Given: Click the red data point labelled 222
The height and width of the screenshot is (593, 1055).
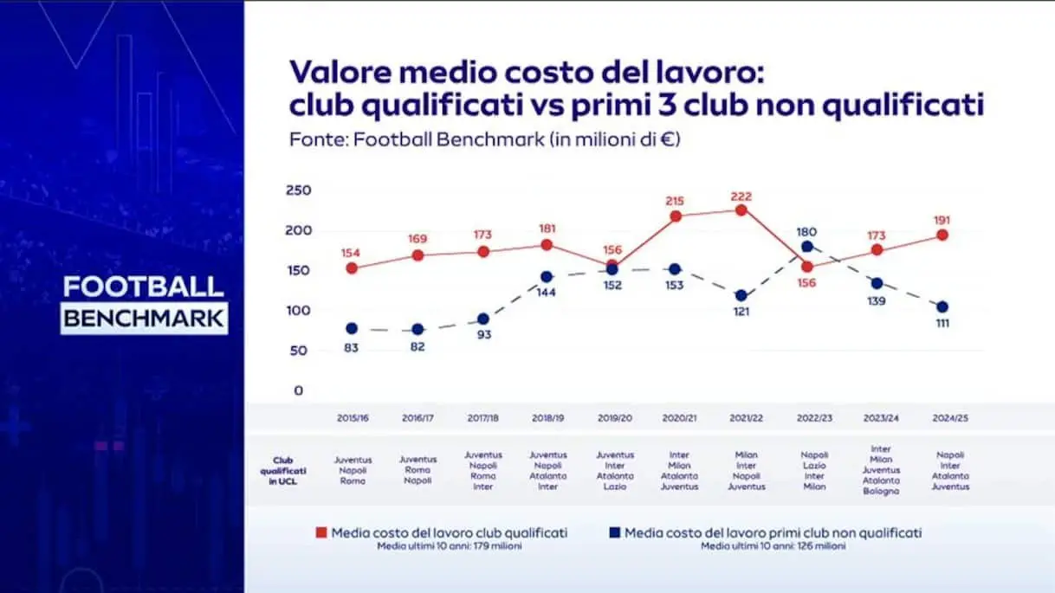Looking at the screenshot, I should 741,209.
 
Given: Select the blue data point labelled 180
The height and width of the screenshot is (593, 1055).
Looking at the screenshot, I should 807,247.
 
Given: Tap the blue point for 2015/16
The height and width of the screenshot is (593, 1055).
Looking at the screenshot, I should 352,329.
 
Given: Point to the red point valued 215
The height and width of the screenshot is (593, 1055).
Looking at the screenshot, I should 676,216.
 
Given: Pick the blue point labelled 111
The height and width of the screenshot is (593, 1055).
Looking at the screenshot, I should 942,306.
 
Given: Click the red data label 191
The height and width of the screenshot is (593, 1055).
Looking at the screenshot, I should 942,220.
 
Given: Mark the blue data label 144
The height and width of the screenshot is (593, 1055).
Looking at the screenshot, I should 547,292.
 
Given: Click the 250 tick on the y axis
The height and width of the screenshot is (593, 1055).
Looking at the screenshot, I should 298,190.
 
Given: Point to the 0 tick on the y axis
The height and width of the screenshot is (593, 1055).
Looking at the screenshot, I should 298,390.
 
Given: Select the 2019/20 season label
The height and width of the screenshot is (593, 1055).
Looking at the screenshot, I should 614,418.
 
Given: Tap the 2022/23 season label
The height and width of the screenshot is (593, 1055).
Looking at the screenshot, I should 814,418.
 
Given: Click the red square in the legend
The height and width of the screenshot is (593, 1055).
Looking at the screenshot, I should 320,533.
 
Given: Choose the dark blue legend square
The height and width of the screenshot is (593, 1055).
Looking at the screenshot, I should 614,533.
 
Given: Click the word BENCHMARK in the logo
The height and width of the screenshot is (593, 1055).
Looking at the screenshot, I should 144,318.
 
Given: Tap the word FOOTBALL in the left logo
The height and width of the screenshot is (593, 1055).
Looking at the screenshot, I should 144,287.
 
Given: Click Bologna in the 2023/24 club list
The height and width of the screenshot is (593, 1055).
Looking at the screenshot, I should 881,491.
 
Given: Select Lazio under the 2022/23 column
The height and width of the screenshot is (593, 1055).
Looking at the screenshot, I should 814,465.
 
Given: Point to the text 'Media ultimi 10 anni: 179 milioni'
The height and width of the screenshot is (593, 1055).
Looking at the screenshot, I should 449,546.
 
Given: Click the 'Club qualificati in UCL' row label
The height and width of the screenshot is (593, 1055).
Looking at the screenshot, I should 283,471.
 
